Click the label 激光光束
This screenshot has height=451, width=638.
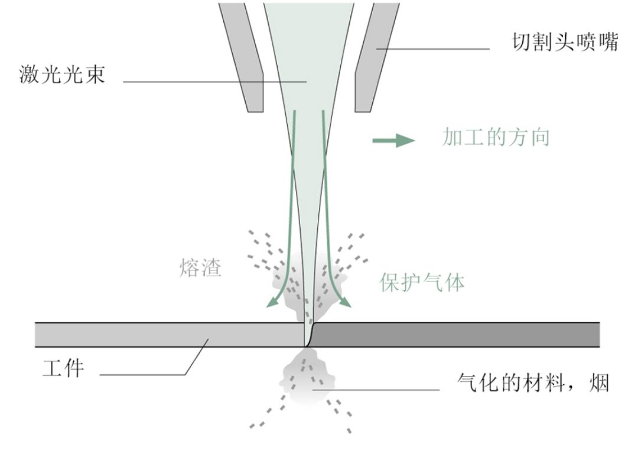[x=61, y=76]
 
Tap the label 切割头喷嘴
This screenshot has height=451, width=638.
[x=564, y=43]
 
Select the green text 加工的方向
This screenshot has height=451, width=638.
[x=496, y=138]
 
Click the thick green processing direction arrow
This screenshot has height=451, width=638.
[x=393, y=140]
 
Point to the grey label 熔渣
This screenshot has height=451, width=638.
[x=200, y=269]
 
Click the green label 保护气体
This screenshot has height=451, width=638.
[x=422, y=282]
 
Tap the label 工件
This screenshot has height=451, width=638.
[x=63, y=368]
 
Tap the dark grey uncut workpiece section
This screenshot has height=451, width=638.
[x=455, y=335]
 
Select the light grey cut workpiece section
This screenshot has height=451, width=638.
[x=165, y=335]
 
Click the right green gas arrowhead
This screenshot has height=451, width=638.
[x=347, y=303]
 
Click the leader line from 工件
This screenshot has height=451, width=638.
[x=148, y=374]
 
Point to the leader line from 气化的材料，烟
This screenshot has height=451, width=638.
[x=378, y=390]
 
